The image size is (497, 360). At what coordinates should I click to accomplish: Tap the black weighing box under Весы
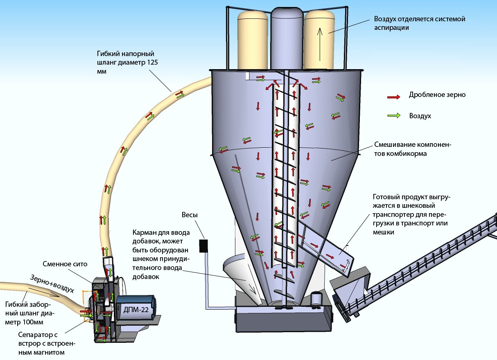click(x=203, y=245)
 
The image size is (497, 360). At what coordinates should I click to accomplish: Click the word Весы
click(x=190, y=215)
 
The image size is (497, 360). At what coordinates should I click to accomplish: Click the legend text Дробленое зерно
click(x=437, y=95)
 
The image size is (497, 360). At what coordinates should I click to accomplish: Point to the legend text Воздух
click(x=420, y=116)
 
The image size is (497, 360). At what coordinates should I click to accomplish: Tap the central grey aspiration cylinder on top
click(x=287, y=37)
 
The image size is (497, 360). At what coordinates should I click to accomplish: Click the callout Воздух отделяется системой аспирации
click(x=419, y=23)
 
